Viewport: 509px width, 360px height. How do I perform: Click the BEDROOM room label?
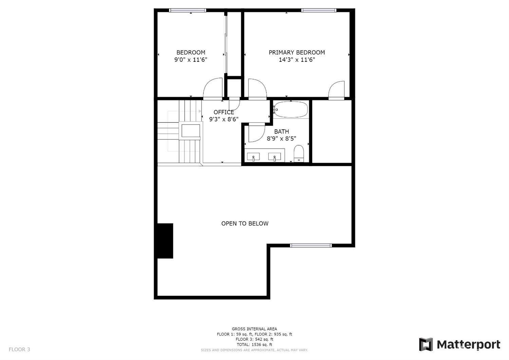191,52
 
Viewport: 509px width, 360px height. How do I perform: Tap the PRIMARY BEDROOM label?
297,52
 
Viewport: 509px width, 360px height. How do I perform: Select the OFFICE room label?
224,112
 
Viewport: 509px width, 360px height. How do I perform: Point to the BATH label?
282,131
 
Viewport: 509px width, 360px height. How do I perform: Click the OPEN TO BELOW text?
245,223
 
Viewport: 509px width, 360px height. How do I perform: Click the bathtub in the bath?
291,110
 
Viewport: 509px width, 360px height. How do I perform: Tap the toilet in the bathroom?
299,153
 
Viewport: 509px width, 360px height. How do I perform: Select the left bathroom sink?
253,157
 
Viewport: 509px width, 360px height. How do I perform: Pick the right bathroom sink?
275,157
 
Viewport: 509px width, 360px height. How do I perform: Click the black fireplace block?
165,240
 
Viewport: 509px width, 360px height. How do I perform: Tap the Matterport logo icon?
426,344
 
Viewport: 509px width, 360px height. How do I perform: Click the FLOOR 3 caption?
19,349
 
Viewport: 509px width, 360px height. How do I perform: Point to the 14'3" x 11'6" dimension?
297,60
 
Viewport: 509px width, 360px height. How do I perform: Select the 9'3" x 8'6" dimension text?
224,119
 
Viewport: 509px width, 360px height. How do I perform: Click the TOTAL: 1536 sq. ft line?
254,344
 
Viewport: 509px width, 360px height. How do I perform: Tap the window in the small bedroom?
188,11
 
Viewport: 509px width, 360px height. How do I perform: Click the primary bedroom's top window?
319,11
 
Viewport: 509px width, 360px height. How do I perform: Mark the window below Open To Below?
311,245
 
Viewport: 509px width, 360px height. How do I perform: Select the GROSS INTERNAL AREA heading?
254,329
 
